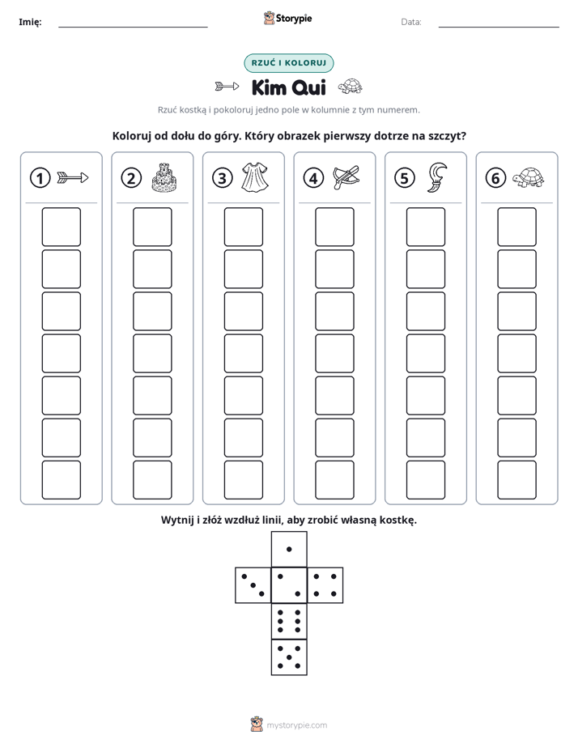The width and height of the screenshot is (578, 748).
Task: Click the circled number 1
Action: click(x=40, y=178)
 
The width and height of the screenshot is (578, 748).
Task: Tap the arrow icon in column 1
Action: click(x=73, y=178)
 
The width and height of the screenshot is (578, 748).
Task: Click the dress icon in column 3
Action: click(x=255, y=177)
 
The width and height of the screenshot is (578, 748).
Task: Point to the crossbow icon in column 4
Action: click(x=346, y=177)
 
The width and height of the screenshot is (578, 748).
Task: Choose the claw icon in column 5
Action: click(x=437, y=177)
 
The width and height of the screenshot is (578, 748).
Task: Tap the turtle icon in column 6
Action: click(x=529, y=177)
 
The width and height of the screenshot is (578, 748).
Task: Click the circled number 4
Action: click(x=313, y=178)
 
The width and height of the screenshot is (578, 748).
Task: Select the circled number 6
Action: click(x=495, y=178)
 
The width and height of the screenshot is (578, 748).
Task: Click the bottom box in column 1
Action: click(x=61, y=480)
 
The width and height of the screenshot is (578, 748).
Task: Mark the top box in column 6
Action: click(x=516, y=227)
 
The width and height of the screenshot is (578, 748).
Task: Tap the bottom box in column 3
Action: click(x=243, y=480)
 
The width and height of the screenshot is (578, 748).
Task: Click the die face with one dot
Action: click(x=289, y=549)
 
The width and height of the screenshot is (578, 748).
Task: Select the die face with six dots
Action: click(x=289, y=621)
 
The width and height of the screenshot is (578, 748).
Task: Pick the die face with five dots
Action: click(x=289, y=657)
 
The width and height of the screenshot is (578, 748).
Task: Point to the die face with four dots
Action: click(x=325, y=584)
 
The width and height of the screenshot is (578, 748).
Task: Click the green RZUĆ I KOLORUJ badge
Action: click(x=289, y=63)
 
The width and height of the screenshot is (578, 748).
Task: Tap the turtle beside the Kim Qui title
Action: click(x=350, y=87)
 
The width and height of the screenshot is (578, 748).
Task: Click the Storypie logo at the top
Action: click(x=287, y=19)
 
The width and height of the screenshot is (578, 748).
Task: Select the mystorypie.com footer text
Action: click(x=296, y=725)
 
